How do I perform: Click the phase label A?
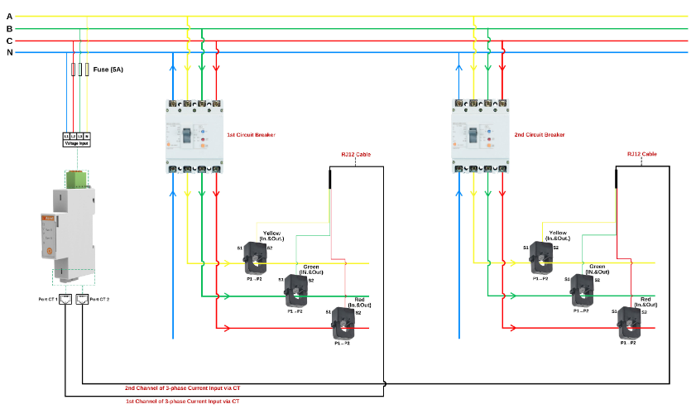(9, 16)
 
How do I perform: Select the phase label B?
(9, 28)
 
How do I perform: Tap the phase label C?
(9, 41)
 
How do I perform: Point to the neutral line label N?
(9, 52)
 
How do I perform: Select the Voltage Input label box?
(77, 143)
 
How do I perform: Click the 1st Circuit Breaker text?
(251, 134)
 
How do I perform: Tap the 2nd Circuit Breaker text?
(540, 134)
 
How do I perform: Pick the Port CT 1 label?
(47, 300)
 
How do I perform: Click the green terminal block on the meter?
(77, 179)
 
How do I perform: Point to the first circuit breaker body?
(194, 136)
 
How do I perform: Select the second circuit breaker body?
(481, 136)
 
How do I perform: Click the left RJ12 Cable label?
(356, 154)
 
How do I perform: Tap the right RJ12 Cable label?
(641, 154)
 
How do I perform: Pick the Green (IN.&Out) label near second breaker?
(598, 269)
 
